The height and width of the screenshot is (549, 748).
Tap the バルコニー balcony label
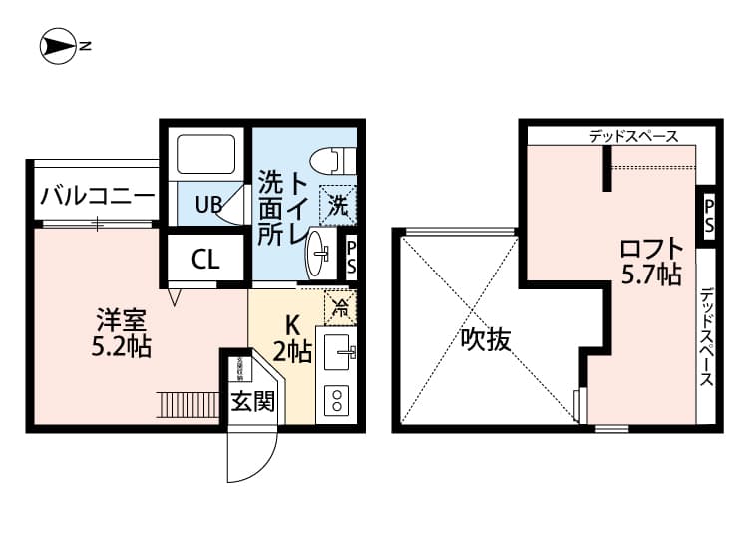[x=97, y=196]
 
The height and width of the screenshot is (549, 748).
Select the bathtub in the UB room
[x=206, y=155]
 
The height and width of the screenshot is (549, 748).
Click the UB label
[x=207, y=206]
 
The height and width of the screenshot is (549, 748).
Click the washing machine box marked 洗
[x=338, y=207]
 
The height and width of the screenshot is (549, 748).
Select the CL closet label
[x=205, y=262]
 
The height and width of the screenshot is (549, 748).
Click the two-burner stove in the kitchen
[x=336, y=400]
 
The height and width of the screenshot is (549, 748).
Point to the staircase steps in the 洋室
[x=188, y=405]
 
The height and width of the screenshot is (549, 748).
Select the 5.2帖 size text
[x=123, y=348]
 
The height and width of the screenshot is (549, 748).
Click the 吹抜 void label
[x=486, y=340]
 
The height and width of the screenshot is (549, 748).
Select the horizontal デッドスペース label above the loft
[x=632, y=136]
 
